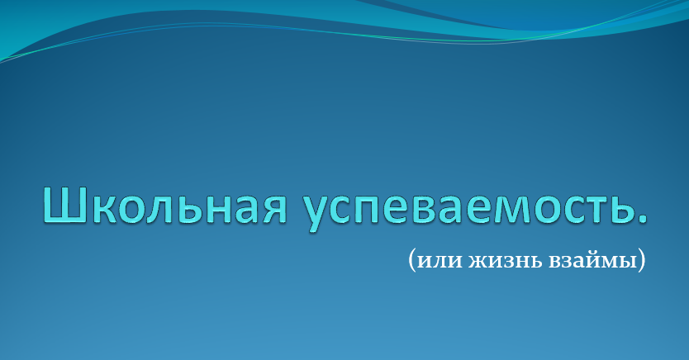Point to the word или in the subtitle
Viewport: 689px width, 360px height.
(x=440, y=261)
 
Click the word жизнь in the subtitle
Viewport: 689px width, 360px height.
(x=506, y=261)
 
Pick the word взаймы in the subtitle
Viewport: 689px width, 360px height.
(x=593, y=260)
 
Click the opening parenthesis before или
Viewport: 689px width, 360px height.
(x=411, y=260)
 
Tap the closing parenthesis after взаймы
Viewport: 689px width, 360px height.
(x=642, y=260)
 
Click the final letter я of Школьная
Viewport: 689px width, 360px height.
(x=274, y=209)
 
